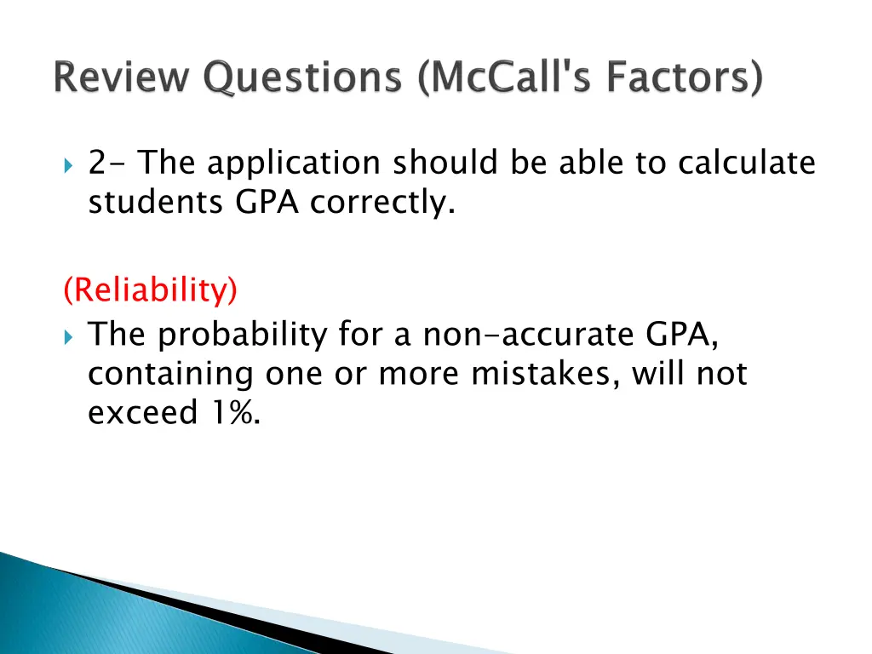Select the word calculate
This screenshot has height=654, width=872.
746,162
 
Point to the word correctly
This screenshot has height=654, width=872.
381,202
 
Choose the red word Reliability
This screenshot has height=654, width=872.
151,291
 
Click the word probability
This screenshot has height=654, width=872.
243,335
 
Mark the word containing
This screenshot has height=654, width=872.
172,374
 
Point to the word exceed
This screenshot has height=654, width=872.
141,413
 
